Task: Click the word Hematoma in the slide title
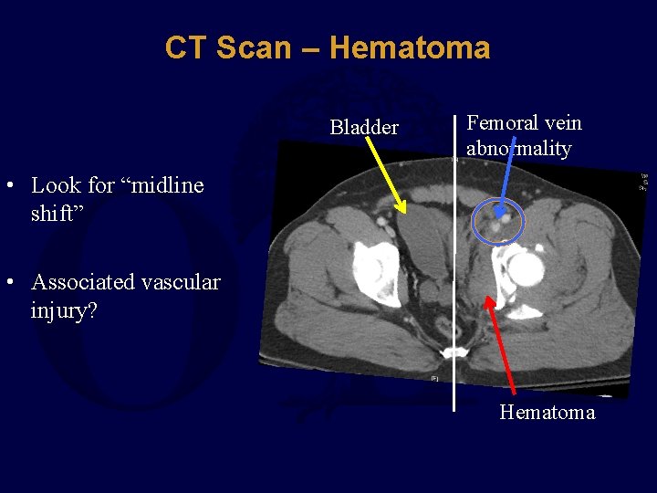[410, 47]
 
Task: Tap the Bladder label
[363, 128]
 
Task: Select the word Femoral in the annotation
[502, 123]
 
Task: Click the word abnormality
[518, 148]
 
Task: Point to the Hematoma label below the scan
[547, 413]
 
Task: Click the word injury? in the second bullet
[64, 311]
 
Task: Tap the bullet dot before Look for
[8, 185]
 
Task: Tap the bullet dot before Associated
[8, 283]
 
